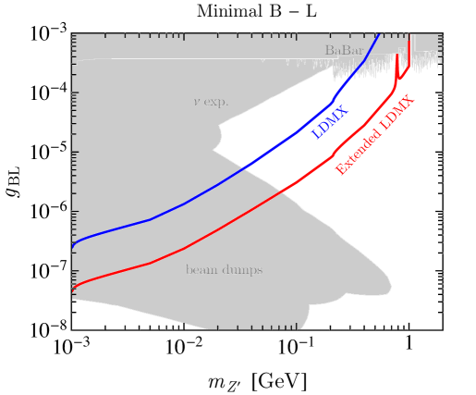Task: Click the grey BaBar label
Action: [x=344, y=50]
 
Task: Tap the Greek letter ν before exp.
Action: [x=196, y=102]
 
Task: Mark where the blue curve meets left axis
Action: [x=72, y=248]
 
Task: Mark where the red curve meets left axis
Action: [x=72, y=290]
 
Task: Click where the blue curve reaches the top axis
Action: [x=378, y=35]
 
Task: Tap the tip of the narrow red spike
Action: [x=397, y=55]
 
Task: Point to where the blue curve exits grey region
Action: [x=243, y=168]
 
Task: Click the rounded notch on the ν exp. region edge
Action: [x=220, y=137]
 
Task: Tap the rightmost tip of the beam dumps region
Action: [x=392, y=286]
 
